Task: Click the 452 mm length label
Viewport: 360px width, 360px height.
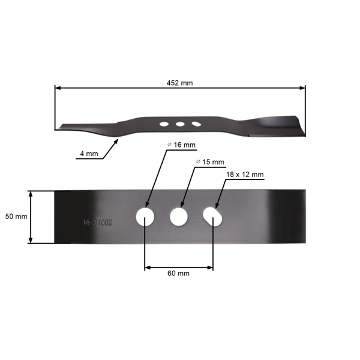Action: [180, 83]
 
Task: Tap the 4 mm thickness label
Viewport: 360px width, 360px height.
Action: [88, 154]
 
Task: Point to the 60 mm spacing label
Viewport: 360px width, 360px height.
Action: [179, 273]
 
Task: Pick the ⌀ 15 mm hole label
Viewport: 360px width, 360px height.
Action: [210, 162]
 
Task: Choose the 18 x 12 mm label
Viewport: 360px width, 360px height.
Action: [245, 175]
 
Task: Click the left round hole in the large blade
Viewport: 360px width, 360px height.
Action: [145, 217]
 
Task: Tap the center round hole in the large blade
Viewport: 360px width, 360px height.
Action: [179, 217]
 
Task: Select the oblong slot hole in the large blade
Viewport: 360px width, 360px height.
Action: [212, 216]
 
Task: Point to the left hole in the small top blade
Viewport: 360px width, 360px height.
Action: [163, 124]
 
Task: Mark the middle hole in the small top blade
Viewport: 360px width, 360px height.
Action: [179, 124]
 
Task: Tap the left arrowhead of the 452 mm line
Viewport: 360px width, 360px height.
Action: [58, 88]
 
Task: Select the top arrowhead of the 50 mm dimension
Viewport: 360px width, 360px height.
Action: [30, 194]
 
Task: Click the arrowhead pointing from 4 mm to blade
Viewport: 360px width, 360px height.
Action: [116, 140]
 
